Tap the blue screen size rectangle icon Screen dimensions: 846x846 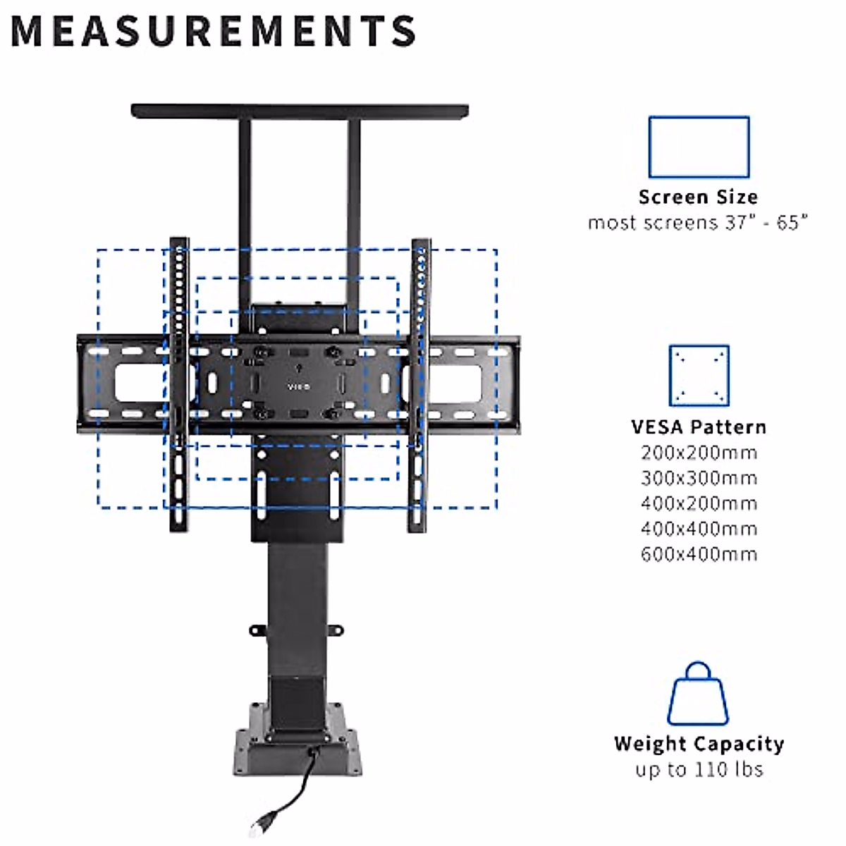698,147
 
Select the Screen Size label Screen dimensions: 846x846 698,197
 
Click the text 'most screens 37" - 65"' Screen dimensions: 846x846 698,223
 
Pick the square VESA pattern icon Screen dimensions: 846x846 699,375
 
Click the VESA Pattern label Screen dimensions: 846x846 699,427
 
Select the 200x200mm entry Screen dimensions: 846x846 699,453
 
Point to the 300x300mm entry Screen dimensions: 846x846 699,478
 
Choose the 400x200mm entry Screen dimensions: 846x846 699,503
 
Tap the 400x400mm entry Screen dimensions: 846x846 699,529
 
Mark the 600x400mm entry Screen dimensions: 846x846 699,554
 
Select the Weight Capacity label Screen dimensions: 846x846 699,744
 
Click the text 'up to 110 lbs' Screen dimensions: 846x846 699,769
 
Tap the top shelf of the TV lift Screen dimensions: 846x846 300,111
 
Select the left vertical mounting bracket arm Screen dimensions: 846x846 179,384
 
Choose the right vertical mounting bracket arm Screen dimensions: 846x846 421,384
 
